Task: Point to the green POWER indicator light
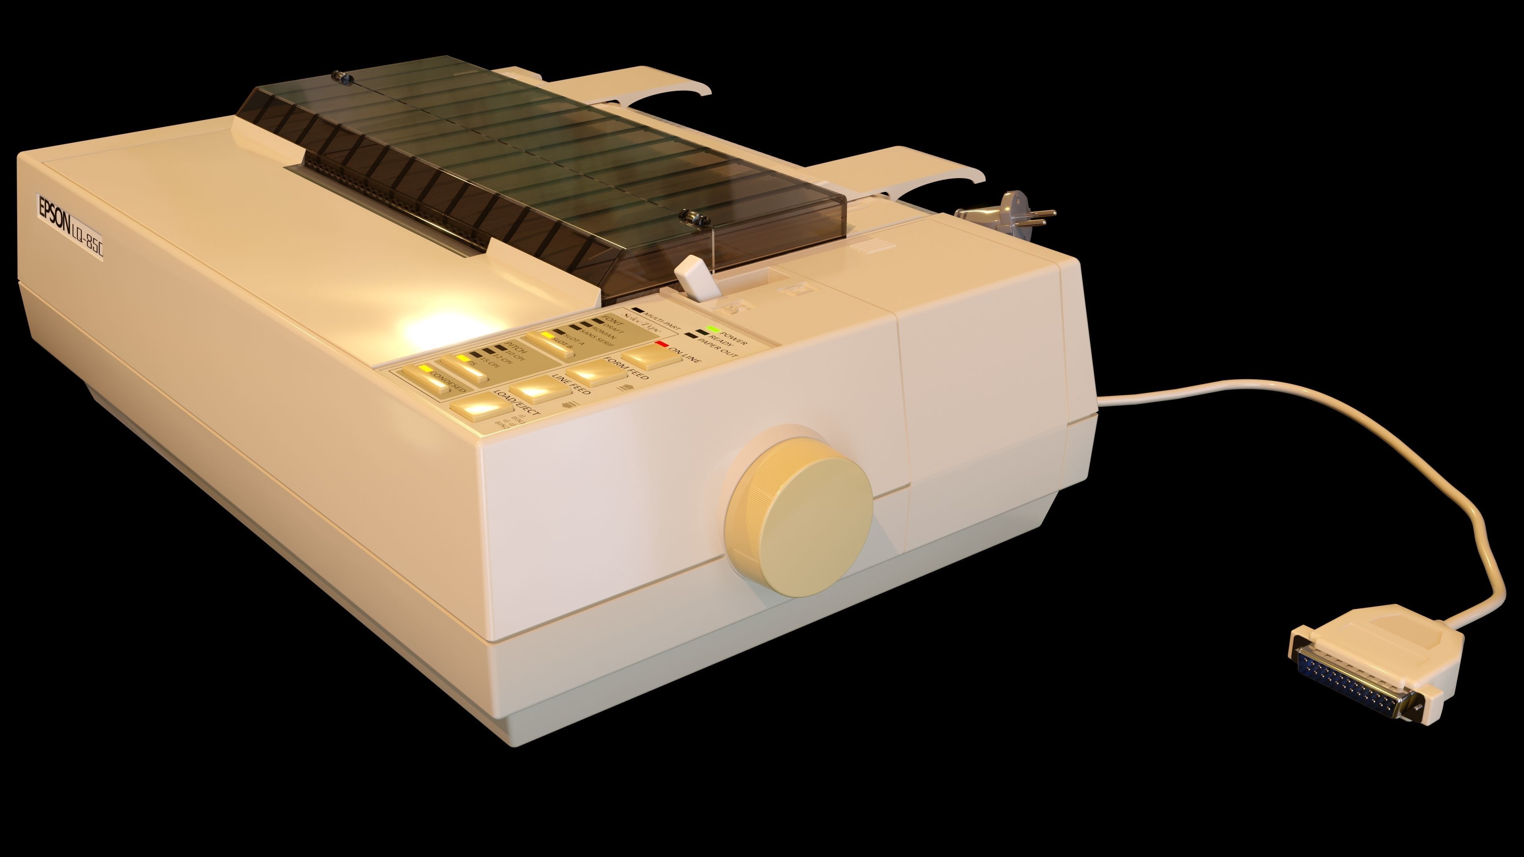pos(713,329)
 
